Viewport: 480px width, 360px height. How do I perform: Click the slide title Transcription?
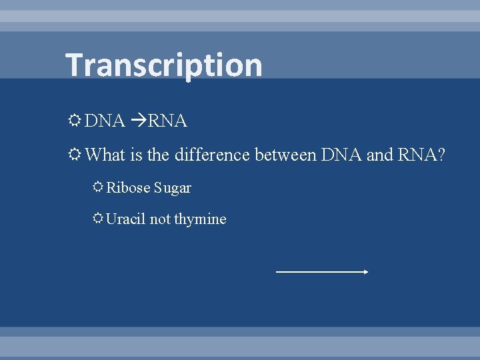(x=163, y=65)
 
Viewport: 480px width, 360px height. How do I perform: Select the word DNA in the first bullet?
(x=105, y=121)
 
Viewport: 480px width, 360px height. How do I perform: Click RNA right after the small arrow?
(x=167, y=121)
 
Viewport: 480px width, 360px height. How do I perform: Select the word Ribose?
(x=129, y=188)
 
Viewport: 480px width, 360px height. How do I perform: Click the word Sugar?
(x=173, y=189)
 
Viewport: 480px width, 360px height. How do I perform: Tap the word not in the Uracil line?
(x=160, y=219)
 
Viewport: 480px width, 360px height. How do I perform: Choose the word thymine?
(x=200, y=219)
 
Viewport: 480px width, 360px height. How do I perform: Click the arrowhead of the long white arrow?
(x=366, y=272)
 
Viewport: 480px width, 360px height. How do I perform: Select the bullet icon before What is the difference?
(x=75, y=155)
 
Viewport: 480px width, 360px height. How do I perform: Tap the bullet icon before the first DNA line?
(x=75, y=121)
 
